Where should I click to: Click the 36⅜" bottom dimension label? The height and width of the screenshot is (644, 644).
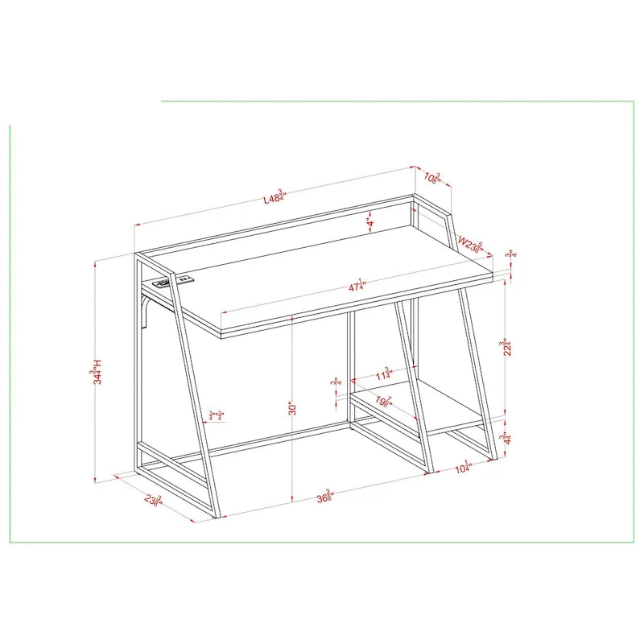(x=324, y=496)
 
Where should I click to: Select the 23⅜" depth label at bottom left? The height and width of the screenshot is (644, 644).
(x=153, y=498)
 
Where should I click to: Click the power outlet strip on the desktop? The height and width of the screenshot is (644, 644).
(x=174, y=282)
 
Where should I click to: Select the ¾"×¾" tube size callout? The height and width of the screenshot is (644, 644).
(x=216, y=415)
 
